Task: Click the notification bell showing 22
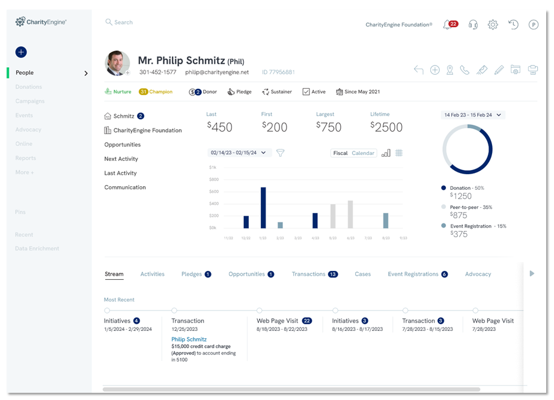point(448,25)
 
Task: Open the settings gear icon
point(493,25)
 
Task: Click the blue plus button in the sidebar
point(21,52)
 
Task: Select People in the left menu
point(25,73)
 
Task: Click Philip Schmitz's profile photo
point(117,63)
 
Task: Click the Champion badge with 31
point(156,92)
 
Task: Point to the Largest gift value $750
point(329,127)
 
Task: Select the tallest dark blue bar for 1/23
point(263,208)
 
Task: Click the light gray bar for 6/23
point(350,214)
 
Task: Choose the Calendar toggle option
point(363,153)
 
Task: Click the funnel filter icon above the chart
point(280,153)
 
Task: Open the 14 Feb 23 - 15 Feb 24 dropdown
point(472,115)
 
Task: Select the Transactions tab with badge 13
point(314,274)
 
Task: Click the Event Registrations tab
point(417,274)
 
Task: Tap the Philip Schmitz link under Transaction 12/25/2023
point(189,339)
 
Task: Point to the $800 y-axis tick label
point(213,180)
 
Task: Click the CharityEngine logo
point(41,22)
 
